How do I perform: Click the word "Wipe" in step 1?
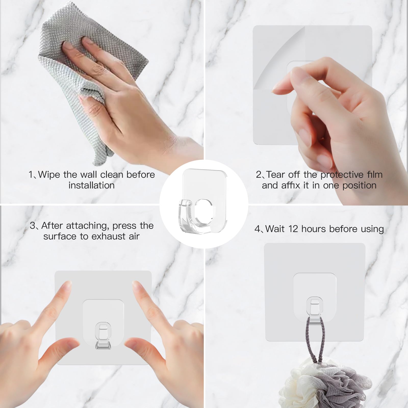click(x=49, y=175)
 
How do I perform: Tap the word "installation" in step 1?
click(x=92, y=185)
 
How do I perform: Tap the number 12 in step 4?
click(x=293, y=229)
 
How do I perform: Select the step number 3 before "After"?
click(x=33, y=226)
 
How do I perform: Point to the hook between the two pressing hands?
click(x=103, y=335)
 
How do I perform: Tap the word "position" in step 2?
click(x=359, y=185)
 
